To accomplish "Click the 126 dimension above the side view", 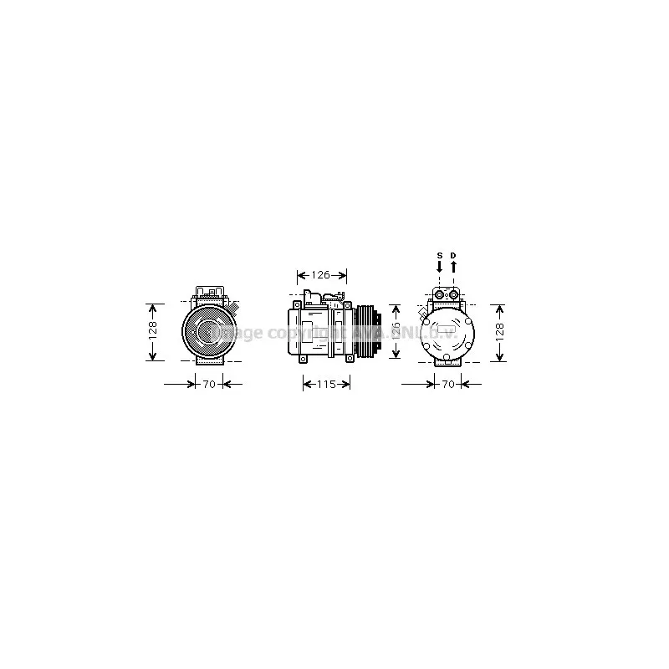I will click(x=323, y=274).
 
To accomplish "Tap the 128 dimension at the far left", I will click(x=152, y=331).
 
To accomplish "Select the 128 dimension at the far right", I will click(x=499, y=331).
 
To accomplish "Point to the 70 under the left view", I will click(x=209, y=385).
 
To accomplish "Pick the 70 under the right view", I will click(x=447, y=385).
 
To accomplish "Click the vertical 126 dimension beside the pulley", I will click(x=396, y=331).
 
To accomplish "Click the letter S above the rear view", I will click(x=439, y=254).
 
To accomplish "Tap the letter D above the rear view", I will click(x=454, y=254).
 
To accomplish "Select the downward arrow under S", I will click(x=439, y=266).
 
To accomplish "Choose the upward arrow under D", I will click(x=454, y=266).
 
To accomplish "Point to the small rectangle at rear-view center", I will click(x=447, y=333).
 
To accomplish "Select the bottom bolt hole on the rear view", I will click(x=447, y=360).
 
